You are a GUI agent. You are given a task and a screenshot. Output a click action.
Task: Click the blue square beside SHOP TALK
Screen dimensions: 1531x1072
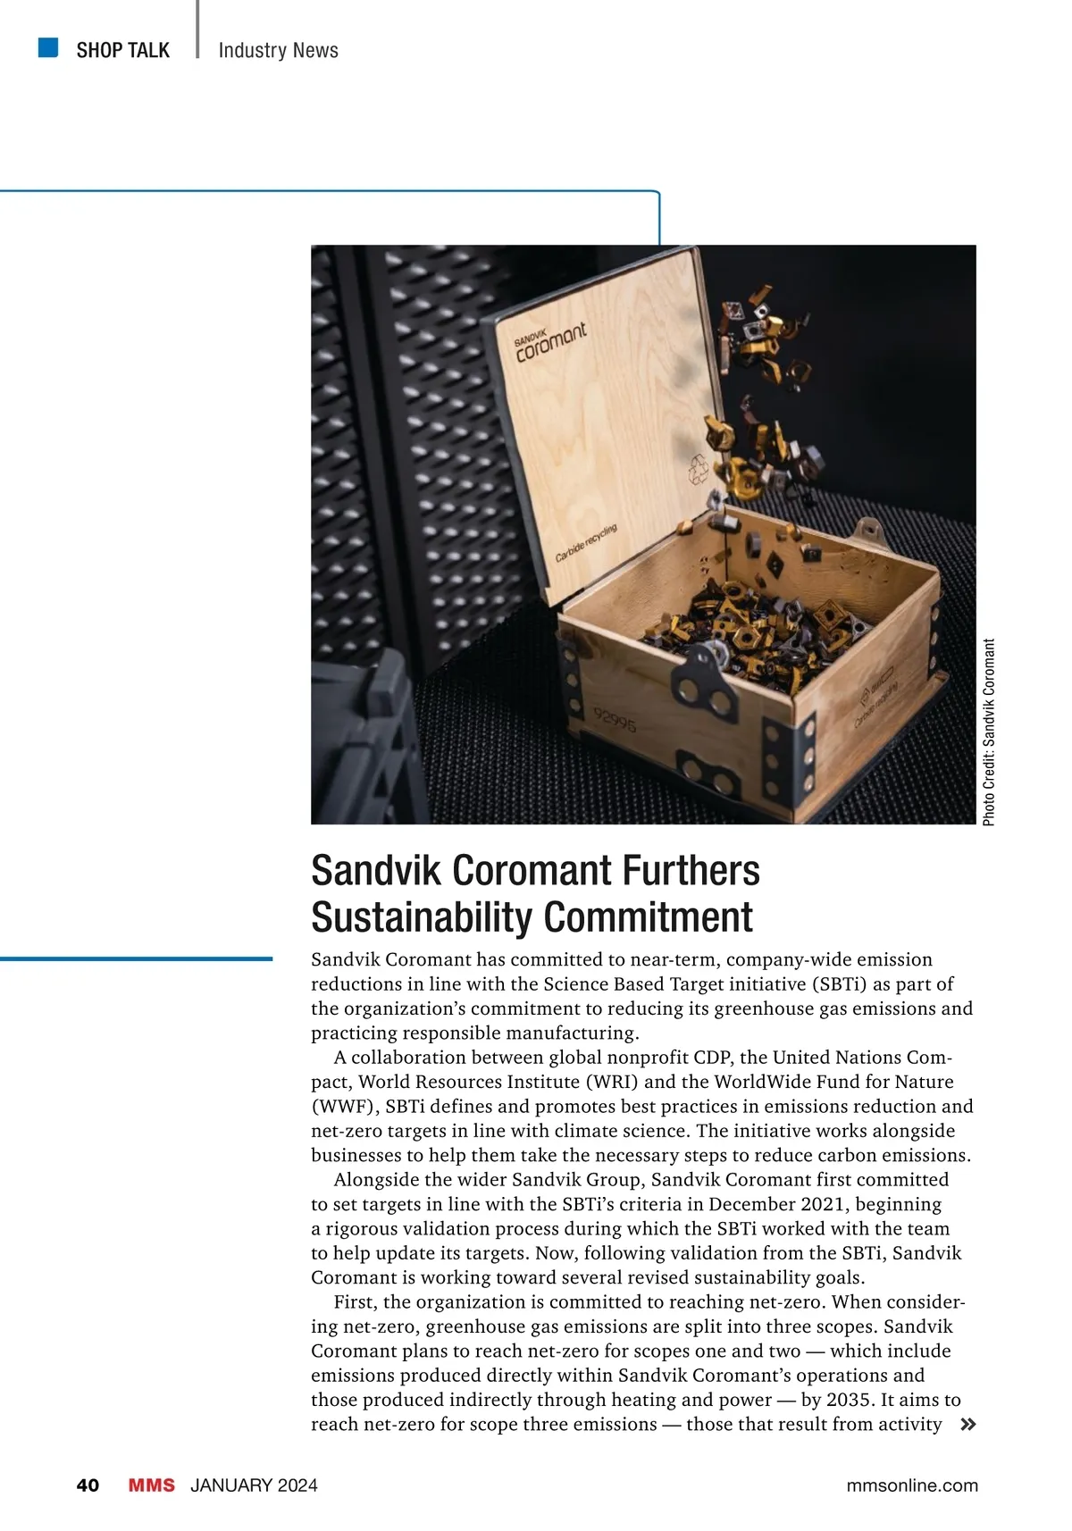point(48,47)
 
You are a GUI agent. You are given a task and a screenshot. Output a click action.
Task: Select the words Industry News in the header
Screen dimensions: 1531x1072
point(278,50)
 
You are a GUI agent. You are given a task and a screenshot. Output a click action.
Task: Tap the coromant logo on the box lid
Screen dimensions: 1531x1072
point(550,343)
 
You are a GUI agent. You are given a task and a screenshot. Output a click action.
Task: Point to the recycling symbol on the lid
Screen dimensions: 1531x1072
point(699,469)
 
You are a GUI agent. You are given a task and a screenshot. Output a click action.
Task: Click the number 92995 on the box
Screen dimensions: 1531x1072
point(615,719)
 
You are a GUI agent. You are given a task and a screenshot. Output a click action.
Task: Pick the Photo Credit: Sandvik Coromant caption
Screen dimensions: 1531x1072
point(988,732)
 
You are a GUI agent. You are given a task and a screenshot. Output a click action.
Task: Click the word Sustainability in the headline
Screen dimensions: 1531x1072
point(423,917)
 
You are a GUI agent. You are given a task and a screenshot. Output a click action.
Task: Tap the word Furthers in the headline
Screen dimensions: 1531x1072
point(691,870)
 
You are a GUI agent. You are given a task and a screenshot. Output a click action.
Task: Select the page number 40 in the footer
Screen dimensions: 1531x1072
point(88,1485)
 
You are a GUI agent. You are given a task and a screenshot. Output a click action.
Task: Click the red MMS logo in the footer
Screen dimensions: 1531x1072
point(151,1485)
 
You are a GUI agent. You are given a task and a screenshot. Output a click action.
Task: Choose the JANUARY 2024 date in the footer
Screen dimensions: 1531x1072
point(254,1485)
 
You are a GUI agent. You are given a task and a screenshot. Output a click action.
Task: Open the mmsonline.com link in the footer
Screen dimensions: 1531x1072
point(911,1485)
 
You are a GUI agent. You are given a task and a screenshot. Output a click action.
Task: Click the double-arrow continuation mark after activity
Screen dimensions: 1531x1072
point(967,1425)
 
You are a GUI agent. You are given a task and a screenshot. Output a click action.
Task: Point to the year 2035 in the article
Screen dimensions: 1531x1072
point(850,1400)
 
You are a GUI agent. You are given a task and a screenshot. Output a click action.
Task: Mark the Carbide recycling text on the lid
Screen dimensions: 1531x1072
point(586,544)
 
